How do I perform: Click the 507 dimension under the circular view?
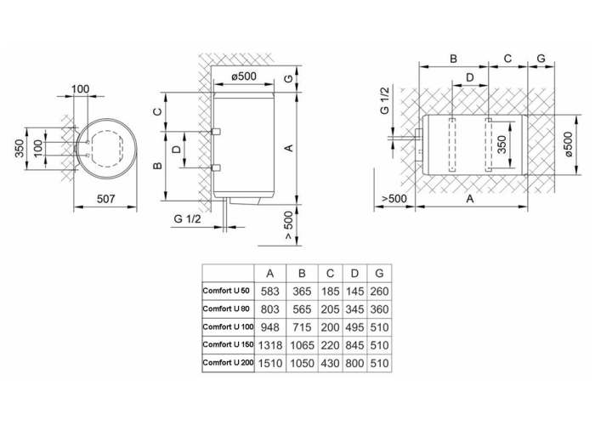[x=105, y=199]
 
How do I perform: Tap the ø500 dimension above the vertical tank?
[x=244, y=76]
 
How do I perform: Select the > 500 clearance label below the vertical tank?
[x=289, y=225]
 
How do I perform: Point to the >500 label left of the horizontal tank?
[x=394, y=198]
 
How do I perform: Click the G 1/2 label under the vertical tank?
[x=187, y=219]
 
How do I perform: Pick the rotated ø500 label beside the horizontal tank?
[x=568, y=144]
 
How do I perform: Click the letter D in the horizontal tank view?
[x=470, y=77]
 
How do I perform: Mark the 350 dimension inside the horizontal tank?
[x=501, y=144]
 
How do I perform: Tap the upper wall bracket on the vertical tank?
[x=216, y=131]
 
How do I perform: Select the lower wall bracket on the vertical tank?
[x=216, y=167]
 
